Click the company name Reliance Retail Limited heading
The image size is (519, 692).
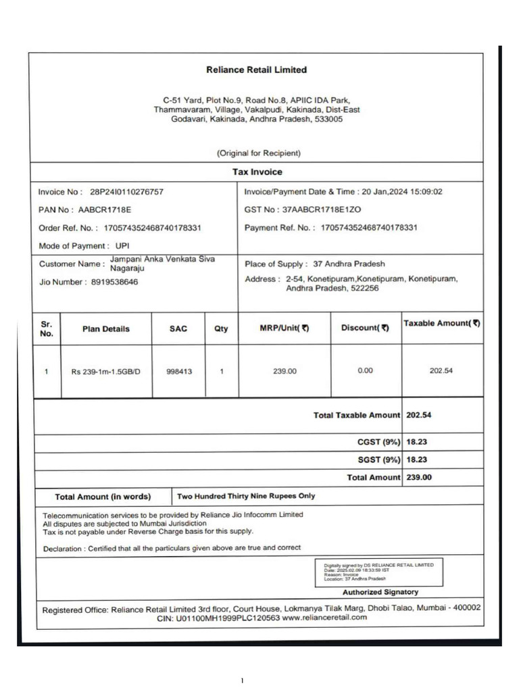(256, 70)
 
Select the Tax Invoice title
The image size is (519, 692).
(257, 172)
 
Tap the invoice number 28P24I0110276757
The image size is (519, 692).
(126, 192)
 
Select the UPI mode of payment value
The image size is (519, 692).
(122, 246)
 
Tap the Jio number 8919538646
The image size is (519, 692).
(114, 282)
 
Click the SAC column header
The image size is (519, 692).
(178, 329)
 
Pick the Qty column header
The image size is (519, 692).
(221, 329)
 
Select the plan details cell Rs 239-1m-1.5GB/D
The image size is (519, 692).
(105, 371)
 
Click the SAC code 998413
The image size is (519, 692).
(178, 371)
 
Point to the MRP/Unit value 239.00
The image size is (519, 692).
(283, 371)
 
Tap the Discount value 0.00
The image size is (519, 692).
(365, 370)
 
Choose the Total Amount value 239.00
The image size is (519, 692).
(418, 477)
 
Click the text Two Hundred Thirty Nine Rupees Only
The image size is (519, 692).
(246, 496)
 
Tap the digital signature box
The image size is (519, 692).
(379, 572)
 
